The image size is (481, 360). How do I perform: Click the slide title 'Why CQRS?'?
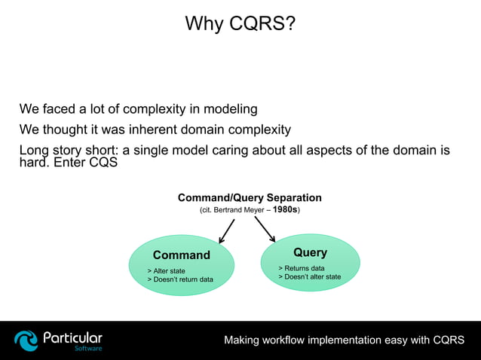click(x=240, y=24)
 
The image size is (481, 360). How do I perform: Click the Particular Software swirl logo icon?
click(x=26, y=340)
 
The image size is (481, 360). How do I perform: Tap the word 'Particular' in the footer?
click(x=72, y=337)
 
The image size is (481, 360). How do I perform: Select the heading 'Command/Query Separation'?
click(x=250, y=198)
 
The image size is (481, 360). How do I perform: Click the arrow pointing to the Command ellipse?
click(x=227, y=231)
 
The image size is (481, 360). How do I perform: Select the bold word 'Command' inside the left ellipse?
click(x=181, y=255)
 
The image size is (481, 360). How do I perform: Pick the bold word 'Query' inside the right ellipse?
click(x=310, y=252)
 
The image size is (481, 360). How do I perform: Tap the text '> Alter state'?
click(x=166, y=270)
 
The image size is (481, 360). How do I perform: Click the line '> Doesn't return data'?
click(x=180, y=279)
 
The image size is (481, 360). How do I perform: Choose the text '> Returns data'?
click(x=302, y=268)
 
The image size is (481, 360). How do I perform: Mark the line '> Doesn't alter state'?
click(x=309, y=277)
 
